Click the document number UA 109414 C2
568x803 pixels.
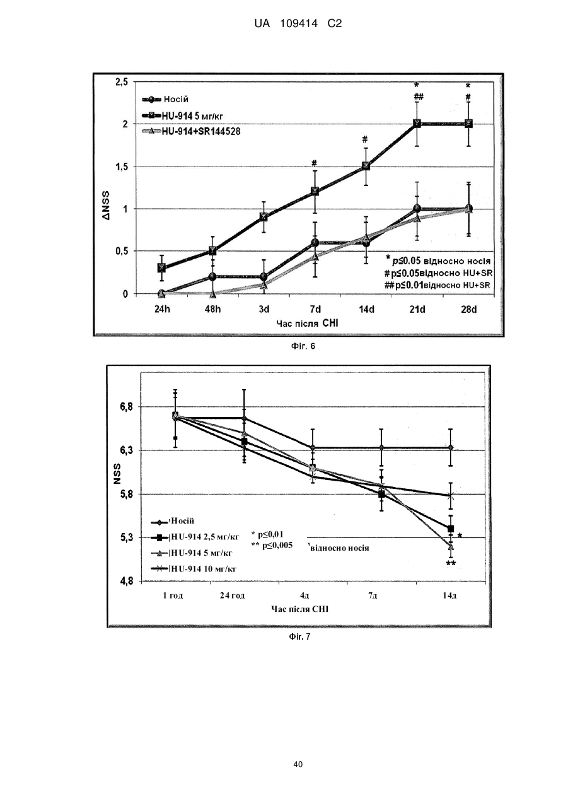click(x=298, y=24)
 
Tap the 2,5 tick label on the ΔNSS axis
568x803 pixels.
click(x=121, y=82)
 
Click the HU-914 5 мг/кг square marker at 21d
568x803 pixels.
click(x=417, y=124)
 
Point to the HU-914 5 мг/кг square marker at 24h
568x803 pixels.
click(x=161, y=267)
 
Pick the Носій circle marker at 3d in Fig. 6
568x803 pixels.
click(x=264, y=276)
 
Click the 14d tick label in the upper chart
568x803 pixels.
click(x=366, y=309)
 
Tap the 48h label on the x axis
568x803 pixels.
click(x=212, y=309)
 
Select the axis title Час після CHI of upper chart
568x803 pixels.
click(x=307, y=324)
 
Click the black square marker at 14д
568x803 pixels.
click(x=451, y=529)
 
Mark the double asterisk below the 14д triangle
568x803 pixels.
click(x=451, y=563)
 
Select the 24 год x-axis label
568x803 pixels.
click(x=232, y=595)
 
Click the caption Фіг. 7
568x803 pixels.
click(x=299, y=636)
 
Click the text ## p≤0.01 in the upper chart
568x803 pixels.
click(x=404, y=285)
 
